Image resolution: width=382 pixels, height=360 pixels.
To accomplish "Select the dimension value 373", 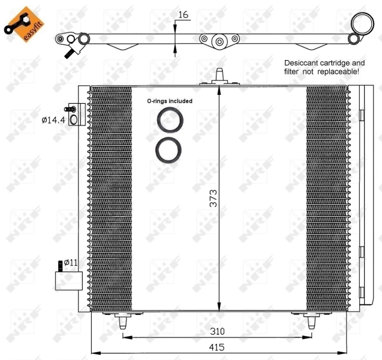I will [213, 199].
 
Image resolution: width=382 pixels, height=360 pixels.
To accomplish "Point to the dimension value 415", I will [217, 347].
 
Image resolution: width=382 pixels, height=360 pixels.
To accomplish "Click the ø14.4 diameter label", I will [53, 120].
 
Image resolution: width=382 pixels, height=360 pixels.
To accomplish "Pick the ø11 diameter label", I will [71, 262].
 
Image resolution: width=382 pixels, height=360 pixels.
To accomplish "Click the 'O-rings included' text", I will [170, 101].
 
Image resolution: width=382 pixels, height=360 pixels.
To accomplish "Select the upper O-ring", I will [170, 121].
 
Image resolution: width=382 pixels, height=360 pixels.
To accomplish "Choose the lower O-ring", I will [169, 149].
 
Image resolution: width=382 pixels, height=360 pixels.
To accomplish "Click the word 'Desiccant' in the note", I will [304, 62].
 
